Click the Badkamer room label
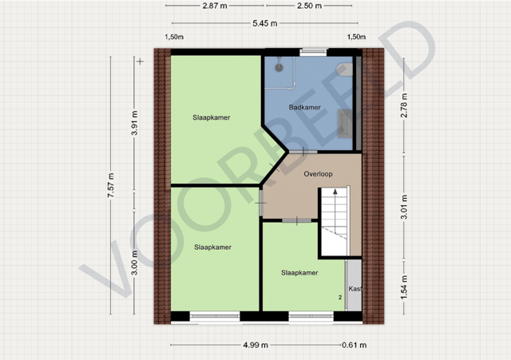[305, 107]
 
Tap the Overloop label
[318, 174]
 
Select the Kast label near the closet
[355, 289]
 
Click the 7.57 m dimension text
[111, 185]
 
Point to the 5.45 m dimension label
[265, 23]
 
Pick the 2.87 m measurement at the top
[215, 6]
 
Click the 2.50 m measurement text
[309, 6]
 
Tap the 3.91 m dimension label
[135, 123]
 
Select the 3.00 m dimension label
[135, 263]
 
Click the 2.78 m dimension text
[404, 105]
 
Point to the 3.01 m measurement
[404, 208]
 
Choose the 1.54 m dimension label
[404, 287]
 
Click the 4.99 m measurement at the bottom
[255, 345]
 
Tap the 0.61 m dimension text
[355, 345]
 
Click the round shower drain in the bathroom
[279, 67]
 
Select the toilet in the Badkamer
[344, 70]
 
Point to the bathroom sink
[344, 124]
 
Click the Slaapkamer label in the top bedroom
[211, 117]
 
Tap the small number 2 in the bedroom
[340, 298]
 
